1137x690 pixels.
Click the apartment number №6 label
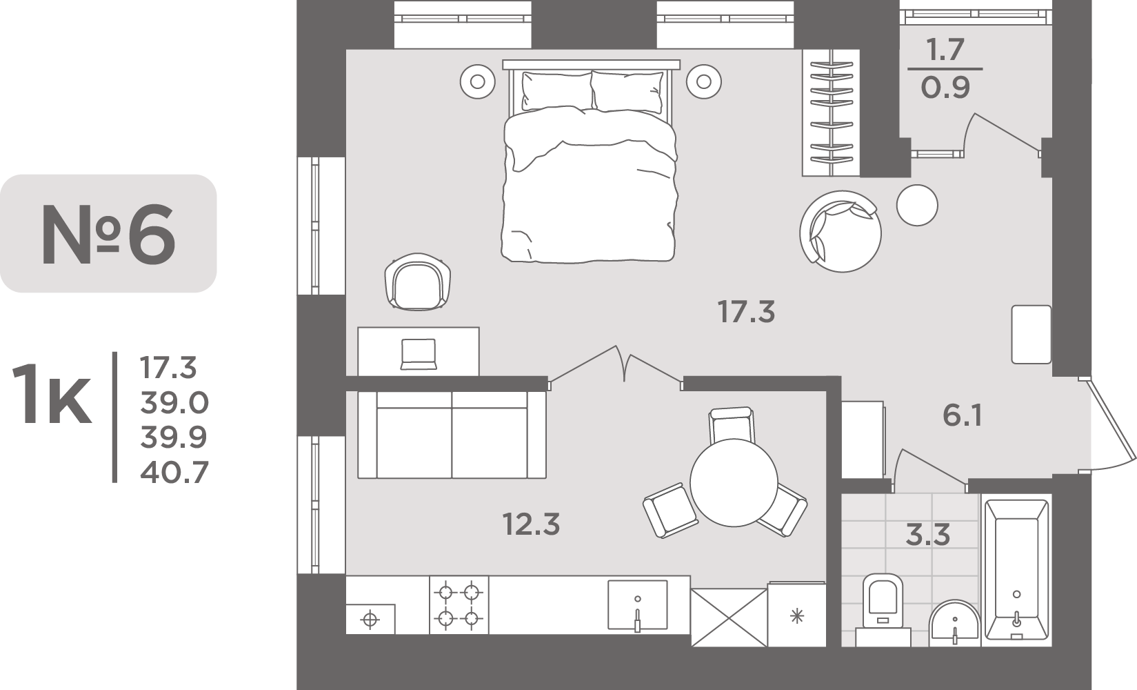(x=109, y=235)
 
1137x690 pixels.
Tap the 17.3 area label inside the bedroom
(x=746, y=311)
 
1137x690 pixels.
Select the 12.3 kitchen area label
(x=532, y=524)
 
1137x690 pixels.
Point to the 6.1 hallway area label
(x=963, y=415)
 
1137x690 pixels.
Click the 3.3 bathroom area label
(x=928, y=535)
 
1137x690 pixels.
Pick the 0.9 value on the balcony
(x=945, y=88)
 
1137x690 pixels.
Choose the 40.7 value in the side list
(x=174, y=472)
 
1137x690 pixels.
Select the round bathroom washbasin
(x=955, y=624)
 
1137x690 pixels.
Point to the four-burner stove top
(x=459, y=604)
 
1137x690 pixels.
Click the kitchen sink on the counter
(x=638, y=605)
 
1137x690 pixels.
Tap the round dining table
(x=734, y=483)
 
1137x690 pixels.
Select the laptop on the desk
(x=419, y=354)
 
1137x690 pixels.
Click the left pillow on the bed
(x=557, y=92)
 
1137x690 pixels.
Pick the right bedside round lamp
(x=703, y=81)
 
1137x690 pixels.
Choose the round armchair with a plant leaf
(x=840, y=231)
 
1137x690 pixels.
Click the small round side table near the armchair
(x=917, y=205)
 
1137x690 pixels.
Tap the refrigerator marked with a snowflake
(x=797, y=614)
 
